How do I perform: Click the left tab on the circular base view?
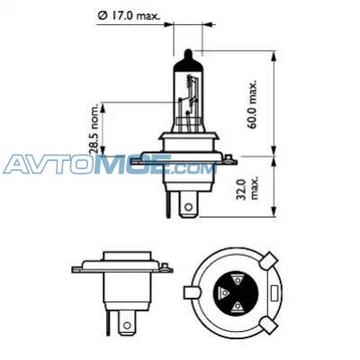pyautogui.click(x=191, y=293)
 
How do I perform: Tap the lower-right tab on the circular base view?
pyautogui.click(x=269, y=327)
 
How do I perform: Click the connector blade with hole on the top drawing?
pyautogui.click(x=187, y=205)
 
